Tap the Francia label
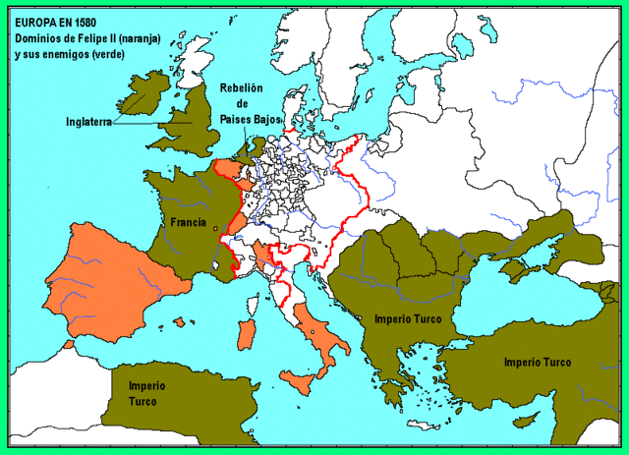[x=188, y=222]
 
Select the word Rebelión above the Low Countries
[x=242, y=86]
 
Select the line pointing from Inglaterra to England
[x=138, y=118]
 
